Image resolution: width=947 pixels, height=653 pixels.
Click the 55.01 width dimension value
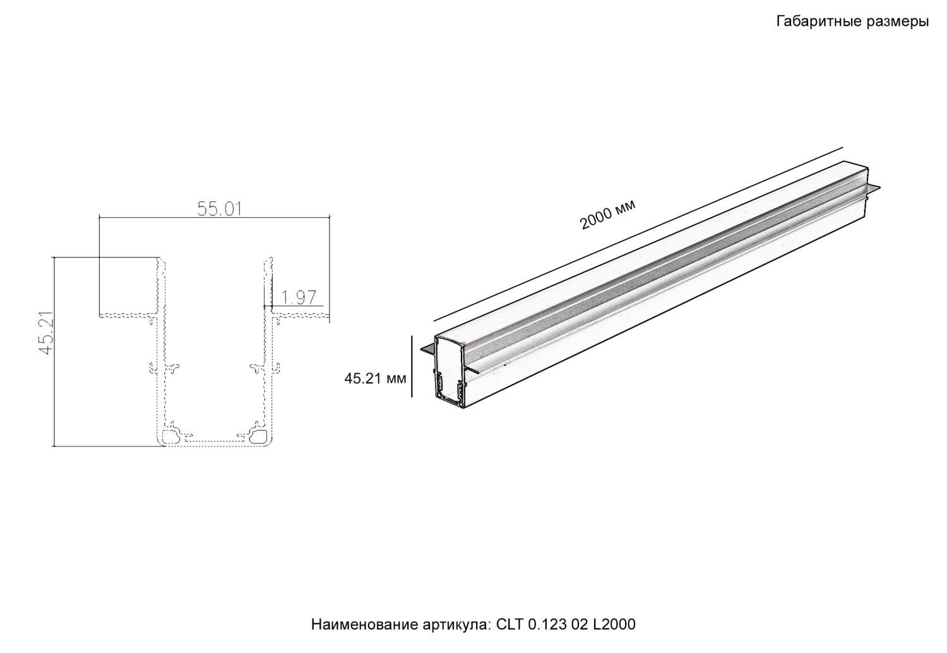click(220, 208)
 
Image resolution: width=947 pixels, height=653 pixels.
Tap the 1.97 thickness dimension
click(298, 297)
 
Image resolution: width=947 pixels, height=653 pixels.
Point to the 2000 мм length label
click(607, 215)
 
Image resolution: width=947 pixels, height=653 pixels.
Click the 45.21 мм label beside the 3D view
click(375, 379)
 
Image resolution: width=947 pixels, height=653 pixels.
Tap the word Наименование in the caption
click(362, 625)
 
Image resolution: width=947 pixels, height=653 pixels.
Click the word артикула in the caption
click(454, 625)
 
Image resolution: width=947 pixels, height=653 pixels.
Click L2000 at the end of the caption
click(615, 625)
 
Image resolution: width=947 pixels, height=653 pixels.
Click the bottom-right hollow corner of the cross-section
click(259, 436)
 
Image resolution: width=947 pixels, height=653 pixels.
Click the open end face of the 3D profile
click(450, 369)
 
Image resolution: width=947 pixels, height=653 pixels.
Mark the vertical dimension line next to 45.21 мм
click(412, 366)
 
